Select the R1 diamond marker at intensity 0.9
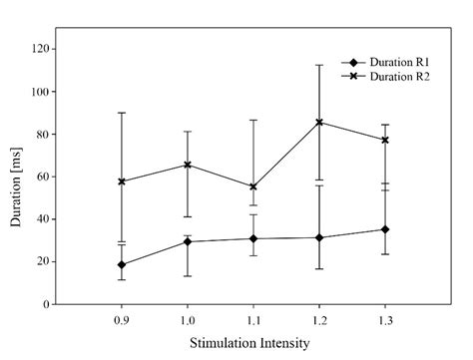[122, 265]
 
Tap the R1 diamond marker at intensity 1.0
[188, 241]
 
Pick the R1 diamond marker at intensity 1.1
[253, 238]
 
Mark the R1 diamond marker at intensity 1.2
[319, 237]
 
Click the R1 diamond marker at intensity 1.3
[385, 229]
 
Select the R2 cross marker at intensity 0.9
[122, 181]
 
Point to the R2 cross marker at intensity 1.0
[188, 165]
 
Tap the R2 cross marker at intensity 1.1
[253, 186]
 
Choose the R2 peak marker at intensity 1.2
[319, 122]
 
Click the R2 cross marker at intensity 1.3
[385, 140]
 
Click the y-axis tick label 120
[39, 49]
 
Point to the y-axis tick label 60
[42, 177]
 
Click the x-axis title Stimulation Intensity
[252, 343]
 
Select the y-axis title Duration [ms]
[16, 177]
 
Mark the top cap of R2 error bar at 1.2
[319, 65]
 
